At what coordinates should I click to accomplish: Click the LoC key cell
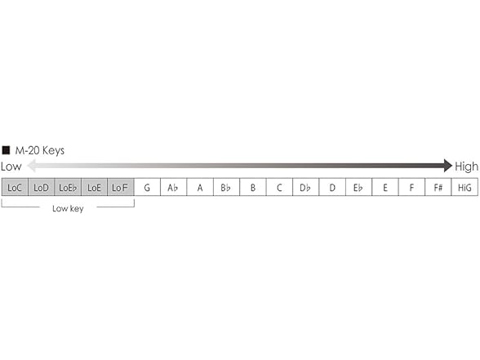tap(15, 188)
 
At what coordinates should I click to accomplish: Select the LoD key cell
tap(41, 188)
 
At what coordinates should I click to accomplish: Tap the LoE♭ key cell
tap(68, 188)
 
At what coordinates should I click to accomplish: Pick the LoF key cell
tap(120, 188)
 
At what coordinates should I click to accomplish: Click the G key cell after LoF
tap(147, 188)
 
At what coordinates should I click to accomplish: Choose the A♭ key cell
tap(173, 188)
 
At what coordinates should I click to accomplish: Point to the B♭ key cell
tap(226, 188)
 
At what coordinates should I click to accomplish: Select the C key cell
tap(279, 188)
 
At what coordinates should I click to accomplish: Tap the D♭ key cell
tap(305, 188)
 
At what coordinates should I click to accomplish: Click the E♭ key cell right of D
tap(358, 188)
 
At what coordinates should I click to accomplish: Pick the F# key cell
tap(438, 188)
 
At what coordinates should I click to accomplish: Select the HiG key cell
tap(464, 188)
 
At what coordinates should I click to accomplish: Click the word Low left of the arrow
tap(11, 167)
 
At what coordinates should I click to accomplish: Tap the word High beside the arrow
tap(467, 167)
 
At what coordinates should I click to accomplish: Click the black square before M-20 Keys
tap(6, 150)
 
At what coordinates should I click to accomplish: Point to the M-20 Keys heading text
tap(40, 150)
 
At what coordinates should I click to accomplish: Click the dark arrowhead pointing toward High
tap(447, 166)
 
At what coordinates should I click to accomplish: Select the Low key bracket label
tap(68, 209)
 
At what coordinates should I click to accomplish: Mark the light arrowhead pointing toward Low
tap(30, 166)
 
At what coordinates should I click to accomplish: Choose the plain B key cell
tap(253, 188)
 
